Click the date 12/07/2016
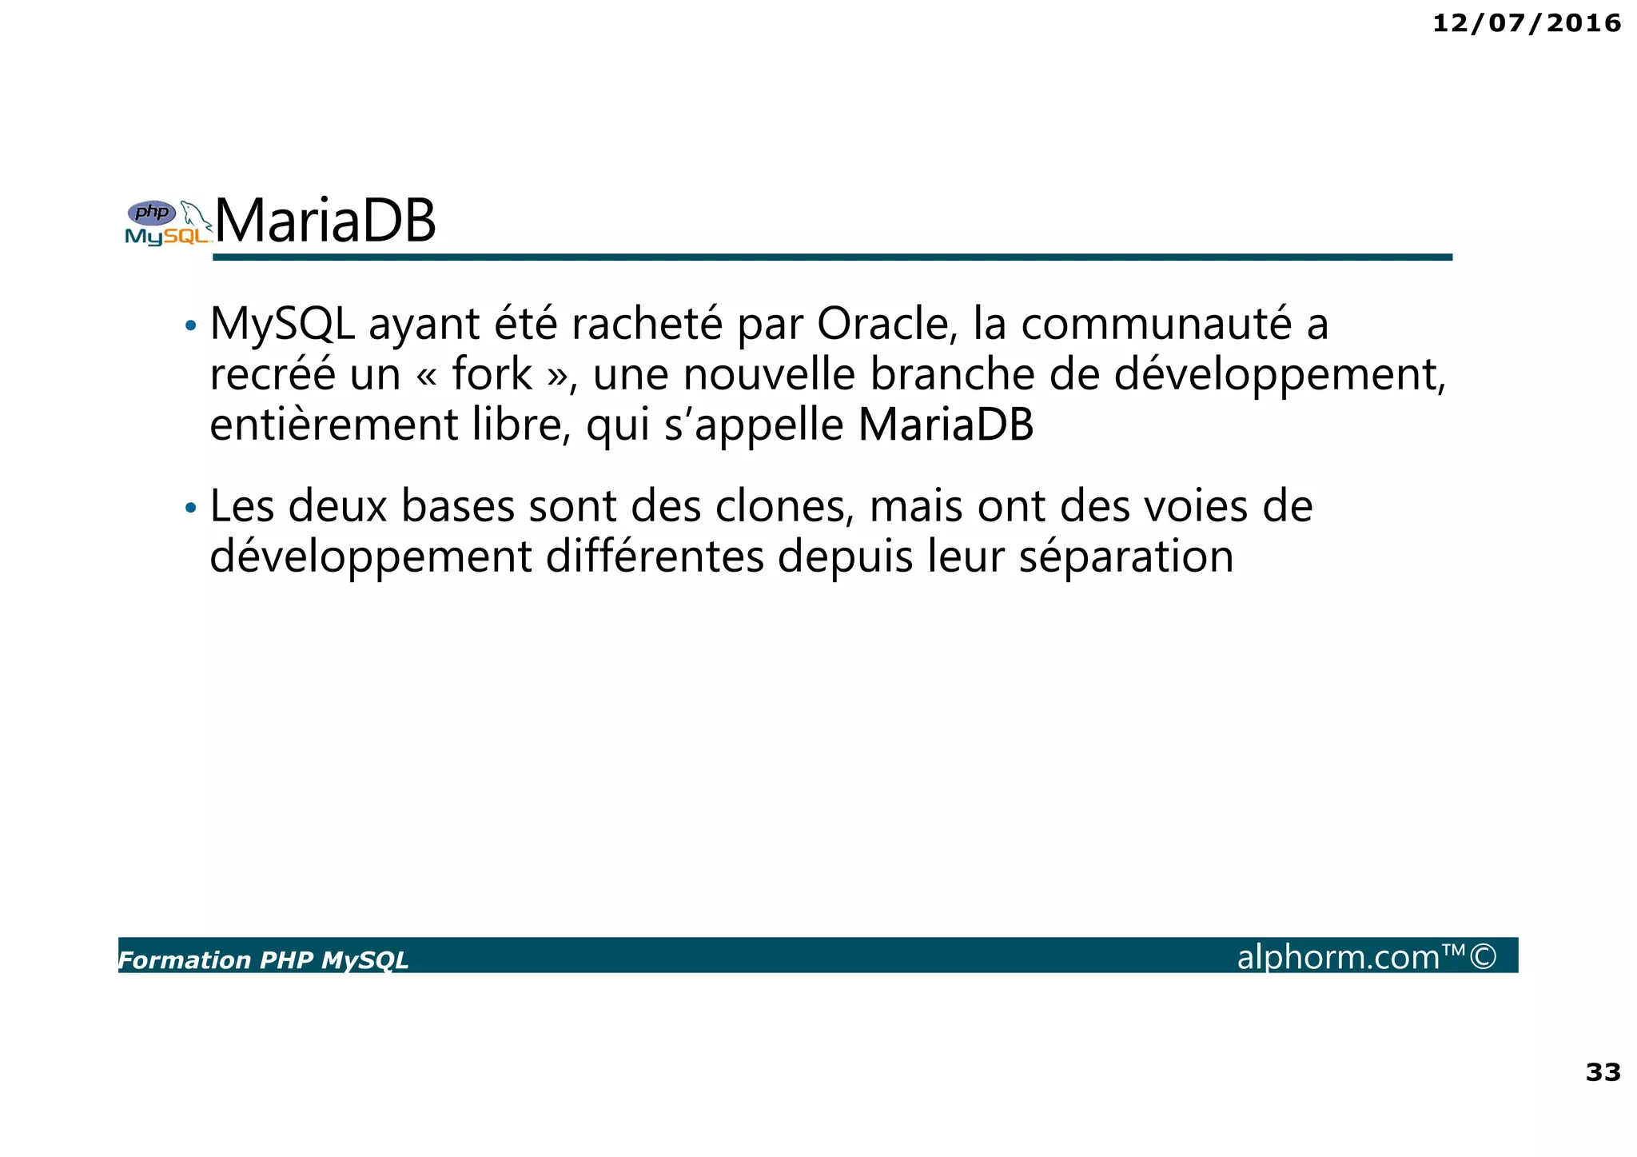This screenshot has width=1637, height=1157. point(1526,23)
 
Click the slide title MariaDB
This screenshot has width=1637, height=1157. point(325,221)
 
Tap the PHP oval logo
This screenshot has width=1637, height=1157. point(152,213)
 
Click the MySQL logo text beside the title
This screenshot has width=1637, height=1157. point(166,237)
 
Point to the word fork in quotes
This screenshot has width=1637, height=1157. point(492,374)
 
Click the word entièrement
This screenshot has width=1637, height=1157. point(334,425)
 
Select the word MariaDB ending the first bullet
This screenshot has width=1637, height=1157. point(946,425)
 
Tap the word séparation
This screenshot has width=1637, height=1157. point(1126,557)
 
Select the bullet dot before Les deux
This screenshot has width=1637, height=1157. point(190,508)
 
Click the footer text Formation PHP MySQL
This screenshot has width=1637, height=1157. point(263,960)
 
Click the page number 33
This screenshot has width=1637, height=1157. point(1603,1071)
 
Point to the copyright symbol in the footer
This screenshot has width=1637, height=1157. point(1483,956)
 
